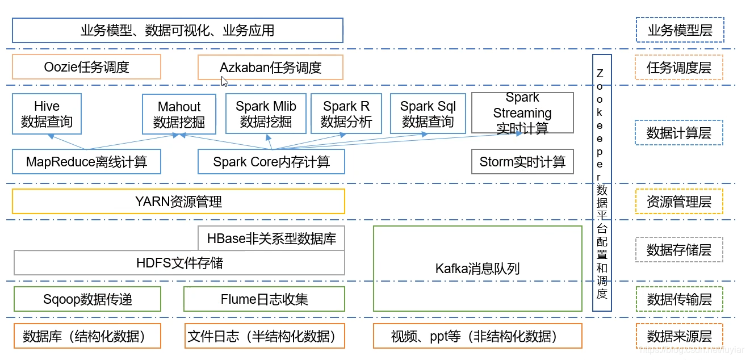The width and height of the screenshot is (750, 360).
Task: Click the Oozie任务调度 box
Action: point(86,67)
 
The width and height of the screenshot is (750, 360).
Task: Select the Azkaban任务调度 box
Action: point(270,68)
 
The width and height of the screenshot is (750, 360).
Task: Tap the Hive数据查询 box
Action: point(47,114)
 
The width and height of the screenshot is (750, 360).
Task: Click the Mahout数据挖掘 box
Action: point(179,114)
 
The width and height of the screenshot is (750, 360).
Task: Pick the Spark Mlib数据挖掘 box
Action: point(266,114)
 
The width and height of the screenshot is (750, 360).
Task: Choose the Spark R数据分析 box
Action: point(346,114)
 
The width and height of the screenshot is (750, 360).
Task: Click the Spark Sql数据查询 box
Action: point(428,114)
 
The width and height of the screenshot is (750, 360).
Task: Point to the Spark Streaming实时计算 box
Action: point(522,114)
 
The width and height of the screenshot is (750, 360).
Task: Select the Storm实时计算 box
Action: point(522,162)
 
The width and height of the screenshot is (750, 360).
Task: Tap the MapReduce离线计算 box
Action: point(86,162)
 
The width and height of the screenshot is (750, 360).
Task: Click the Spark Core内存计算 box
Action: point(271,162)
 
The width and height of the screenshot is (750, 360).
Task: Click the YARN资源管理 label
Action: point(178,202)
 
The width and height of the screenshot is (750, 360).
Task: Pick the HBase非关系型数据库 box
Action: point(271,238)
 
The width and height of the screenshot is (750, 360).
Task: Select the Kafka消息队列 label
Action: point(477,269)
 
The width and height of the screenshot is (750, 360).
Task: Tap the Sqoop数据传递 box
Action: point(87,299)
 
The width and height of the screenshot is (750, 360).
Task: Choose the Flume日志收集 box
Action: point(264,299)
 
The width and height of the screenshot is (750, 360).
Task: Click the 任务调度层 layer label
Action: point(678,68)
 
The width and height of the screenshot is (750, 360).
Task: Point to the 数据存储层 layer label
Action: point(678,249)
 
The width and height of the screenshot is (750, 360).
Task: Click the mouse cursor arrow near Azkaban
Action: point(224,81)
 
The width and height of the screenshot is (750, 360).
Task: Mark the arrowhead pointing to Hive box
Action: point(51,137)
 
